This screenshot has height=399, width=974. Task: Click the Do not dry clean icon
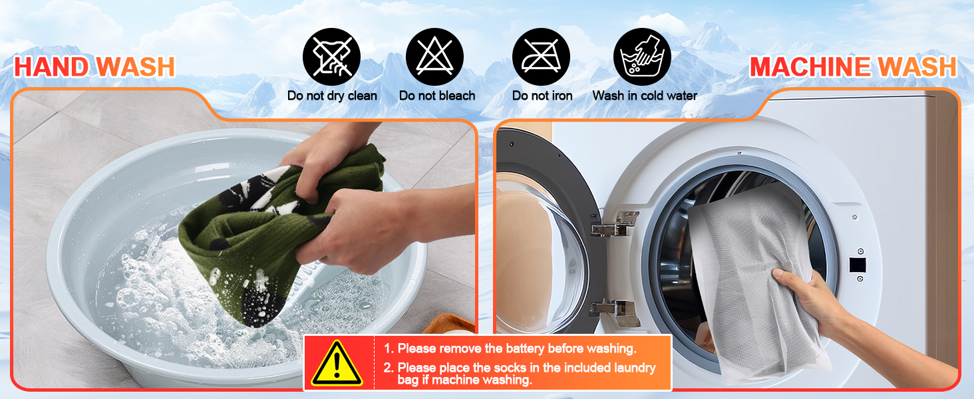pos(331,57)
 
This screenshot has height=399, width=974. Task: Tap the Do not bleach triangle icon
pos(434,57)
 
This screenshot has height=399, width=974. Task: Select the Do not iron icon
pos(541,57)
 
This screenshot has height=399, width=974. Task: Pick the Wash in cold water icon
pos(642,57)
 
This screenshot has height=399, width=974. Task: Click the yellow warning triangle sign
pos(337,363)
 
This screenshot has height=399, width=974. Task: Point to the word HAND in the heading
pos(52,67)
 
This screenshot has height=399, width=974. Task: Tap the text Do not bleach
pos(437,96)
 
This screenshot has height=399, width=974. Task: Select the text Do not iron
pos(542,96)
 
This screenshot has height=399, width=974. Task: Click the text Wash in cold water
pos(645,96)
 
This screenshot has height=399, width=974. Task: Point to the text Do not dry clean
pos(332,96)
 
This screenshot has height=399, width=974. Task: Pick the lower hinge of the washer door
pos(614,312)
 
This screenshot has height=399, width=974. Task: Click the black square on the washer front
pos(858,265)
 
